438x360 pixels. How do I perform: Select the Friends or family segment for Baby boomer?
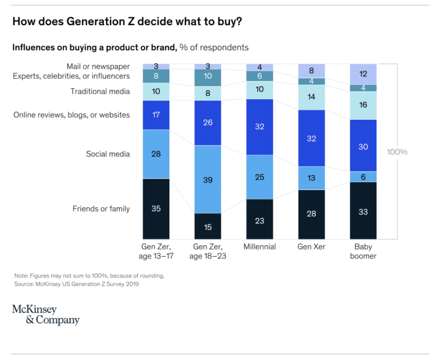click(x=363, y=211)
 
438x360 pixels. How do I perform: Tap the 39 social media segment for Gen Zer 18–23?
click(x=208, y=179)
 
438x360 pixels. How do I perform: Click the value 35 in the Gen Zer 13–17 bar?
click(x=156, y=209)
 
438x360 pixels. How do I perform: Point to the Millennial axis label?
click(x=259, y=247)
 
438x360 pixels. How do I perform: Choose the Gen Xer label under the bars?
click(x=311, y=247)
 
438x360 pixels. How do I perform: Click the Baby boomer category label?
click(x=363, y=252)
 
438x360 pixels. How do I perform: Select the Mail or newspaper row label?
click(x=98, y=66)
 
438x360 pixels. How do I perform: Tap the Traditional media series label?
click(x=100, y=91)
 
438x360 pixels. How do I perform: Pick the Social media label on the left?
click(x=108, y=154)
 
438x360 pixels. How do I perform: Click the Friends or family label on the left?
click(x=101, y=209)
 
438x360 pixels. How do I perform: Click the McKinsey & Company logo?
click(x=46, y=315)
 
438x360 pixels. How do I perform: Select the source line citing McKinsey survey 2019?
click(x=76, y=284)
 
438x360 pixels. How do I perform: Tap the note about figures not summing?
click(x=90, y=276)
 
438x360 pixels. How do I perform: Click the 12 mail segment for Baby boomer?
click(x=363, y=74)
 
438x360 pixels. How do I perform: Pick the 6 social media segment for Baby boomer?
click(x=363, y=176)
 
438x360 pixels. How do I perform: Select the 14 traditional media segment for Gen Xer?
click(x=311, y=98)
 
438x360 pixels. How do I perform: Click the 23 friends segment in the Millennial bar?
click(x=259, y=219)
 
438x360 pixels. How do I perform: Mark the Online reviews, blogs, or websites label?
click(x=71, y=115)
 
